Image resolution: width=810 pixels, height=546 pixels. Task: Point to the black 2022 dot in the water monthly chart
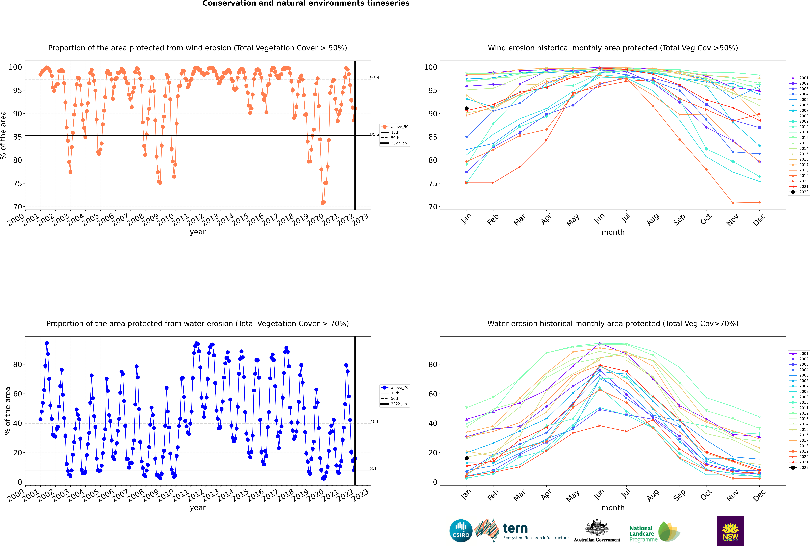click(467, 458)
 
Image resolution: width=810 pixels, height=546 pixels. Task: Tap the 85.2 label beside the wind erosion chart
click(375, 134)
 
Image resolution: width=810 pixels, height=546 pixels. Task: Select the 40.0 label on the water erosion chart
click(375, 422)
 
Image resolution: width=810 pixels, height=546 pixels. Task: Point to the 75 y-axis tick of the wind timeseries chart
click(17, 183)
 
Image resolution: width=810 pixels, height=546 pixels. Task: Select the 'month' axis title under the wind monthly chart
click(613, 232)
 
